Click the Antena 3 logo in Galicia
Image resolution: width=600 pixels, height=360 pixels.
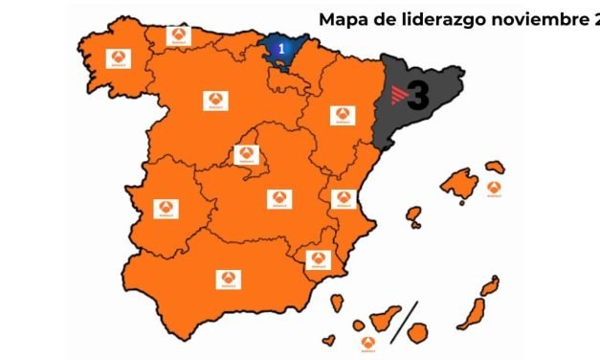(x=120, y=58)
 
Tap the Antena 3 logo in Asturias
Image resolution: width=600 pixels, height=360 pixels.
(x=178, y=35)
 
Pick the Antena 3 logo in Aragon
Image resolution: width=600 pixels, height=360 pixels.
(x=340, y=115)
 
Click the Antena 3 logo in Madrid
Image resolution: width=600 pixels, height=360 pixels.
(x=246, y=154)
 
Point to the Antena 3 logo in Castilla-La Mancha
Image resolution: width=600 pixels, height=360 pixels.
(x=278, y=199)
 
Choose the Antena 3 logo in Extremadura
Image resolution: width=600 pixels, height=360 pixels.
(x=164, y=208)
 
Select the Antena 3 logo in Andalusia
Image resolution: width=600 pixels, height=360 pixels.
(x=229, y=279)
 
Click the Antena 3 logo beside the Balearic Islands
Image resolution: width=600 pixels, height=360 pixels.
(x=494, y=189)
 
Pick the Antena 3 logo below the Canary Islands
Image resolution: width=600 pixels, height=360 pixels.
(x=367, y=343)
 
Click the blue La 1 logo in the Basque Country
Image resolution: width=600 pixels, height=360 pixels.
(x=281, y=47)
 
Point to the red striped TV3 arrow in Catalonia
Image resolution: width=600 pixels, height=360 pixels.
(x=398, y=95)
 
